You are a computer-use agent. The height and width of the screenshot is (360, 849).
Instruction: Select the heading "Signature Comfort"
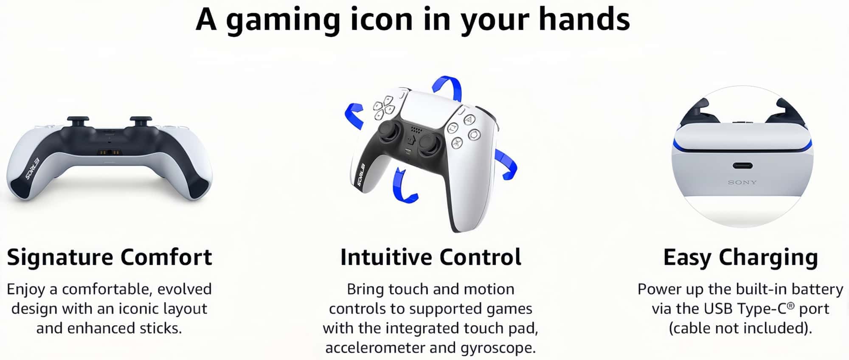pos(110,257)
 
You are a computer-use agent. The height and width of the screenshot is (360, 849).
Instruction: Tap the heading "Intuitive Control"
pos(431,257)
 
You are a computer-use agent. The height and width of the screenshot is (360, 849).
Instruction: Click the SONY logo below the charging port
pos(742,183)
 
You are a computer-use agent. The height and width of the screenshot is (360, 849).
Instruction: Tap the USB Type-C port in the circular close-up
pos(742,166)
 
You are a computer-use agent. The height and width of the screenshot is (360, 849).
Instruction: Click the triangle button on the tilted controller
pos(469,120)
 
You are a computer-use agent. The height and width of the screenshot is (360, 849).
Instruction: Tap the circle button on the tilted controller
pos(474,135)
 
